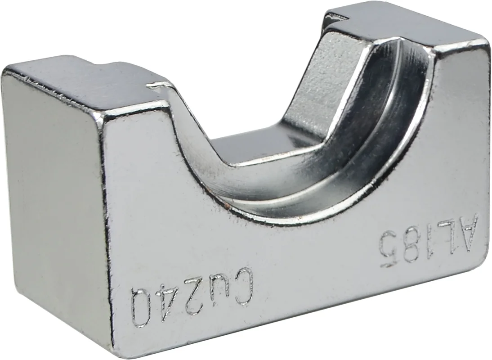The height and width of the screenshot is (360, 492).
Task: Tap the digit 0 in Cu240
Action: click(x=143, y=306)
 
